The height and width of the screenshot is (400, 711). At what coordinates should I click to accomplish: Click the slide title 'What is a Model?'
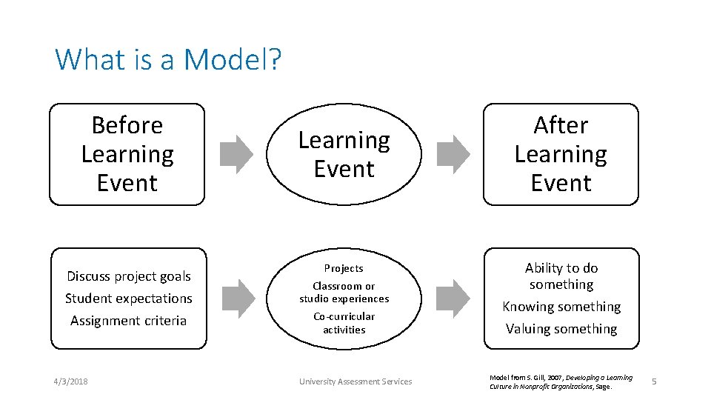click(x=168, y=59)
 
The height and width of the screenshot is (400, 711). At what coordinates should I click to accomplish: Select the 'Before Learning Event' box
click(x=127, y=154)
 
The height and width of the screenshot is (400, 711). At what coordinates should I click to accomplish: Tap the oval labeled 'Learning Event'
click(x=344, y=154)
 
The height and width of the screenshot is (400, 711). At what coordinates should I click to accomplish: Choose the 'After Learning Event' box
click(x=561, y=154)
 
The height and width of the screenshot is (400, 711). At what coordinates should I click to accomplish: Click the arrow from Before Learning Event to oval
click(x=237, y=153)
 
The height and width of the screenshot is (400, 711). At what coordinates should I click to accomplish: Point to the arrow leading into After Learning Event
click(x=453, y=153)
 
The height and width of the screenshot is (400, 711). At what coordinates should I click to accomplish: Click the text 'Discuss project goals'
click(x=129, y=276)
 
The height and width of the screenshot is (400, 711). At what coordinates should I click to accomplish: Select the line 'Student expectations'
click(x=129, y=299)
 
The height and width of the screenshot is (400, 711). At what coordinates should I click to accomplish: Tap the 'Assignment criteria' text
click(x=129, y=321)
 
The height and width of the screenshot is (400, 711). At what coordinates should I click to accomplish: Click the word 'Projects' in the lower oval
click(x=344, y=268)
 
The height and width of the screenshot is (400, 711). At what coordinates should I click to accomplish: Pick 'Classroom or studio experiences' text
click(x=344, y=293)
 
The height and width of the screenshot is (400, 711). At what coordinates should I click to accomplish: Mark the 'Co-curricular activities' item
click(x=344, y=323)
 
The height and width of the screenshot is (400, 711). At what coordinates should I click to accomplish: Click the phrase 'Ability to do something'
click(x=561, y=276)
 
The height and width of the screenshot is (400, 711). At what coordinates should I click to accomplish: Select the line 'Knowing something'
click(x=561, y=307)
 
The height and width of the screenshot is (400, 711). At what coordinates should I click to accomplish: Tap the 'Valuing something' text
click(x=561, y=329)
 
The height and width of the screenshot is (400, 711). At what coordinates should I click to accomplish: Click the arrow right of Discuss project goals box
click(x=237, y=297)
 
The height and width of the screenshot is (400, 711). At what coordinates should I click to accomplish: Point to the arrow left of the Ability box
click(x=453, y=297)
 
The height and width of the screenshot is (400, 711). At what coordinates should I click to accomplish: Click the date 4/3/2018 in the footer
click(x=70, y=381)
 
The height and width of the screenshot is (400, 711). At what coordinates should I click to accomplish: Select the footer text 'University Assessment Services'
click(x=355, y=381)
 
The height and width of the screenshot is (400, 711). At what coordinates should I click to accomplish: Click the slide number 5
click(x=654, y=381)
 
